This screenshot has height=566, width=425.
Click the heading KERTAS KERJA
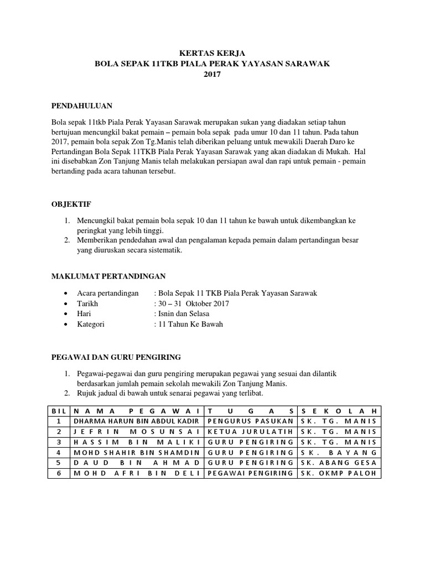point(212,54)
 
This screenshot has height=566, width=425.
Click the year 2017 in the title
point(212,74)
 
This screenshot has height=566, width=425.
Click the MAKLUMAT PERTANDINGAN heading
point(108,276)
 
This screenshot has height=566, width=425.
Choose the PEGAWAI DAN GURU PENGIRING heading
point(116,357)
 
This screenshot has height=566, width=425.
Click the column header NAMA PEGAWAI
point(136,411)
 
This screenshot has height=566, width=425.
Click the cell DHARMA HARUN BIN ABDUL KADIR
point(136,422)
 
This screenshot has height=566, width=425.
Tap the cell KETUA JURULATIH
point(250,432)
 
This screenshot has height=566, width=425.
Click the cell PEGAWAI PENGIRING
point(250,474)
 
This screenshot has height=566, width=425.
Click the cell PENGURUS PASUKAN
point(250,422)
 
